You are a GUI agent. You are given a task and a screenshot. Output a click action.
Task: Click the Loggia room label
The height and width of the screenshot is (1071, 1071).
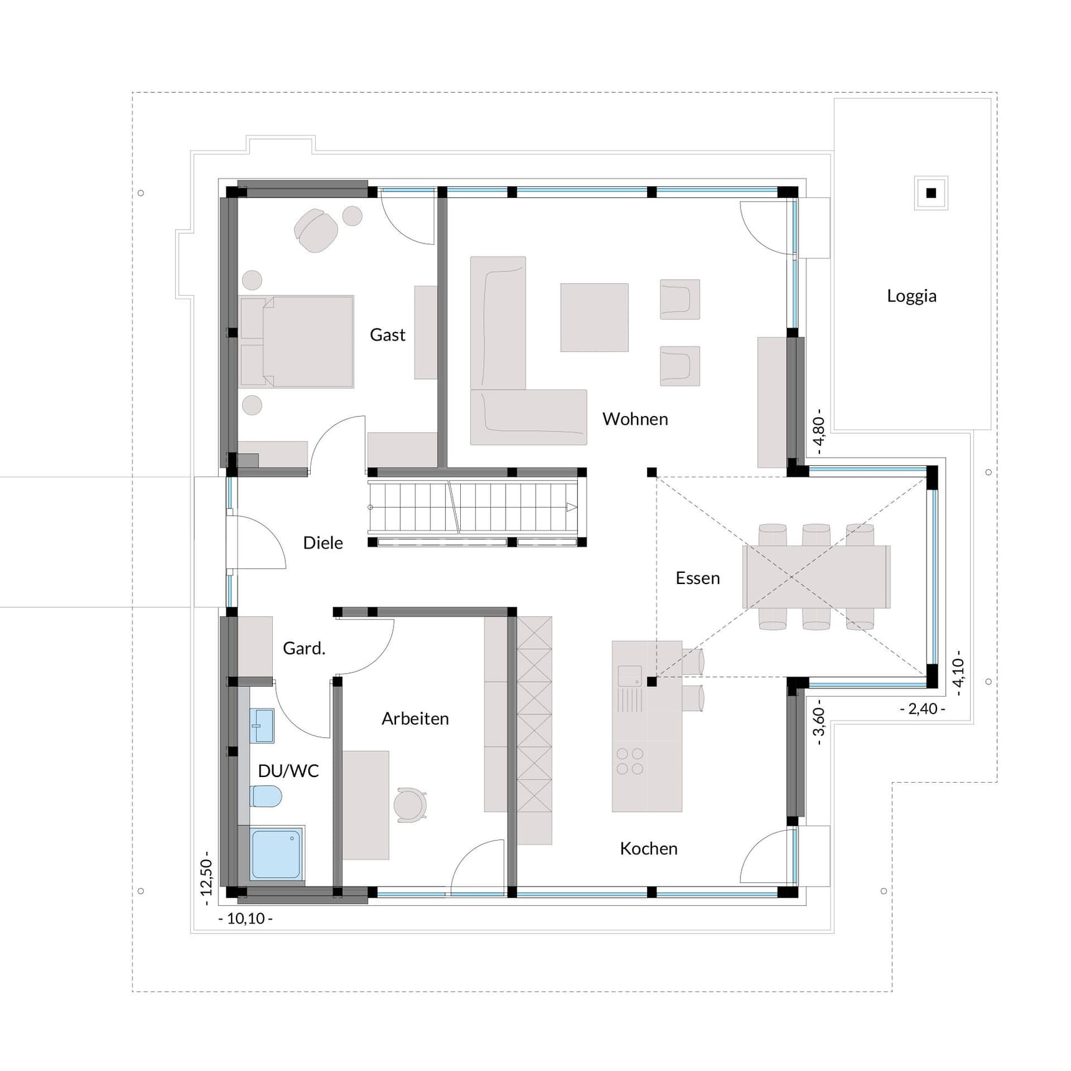click(x=912, y=296)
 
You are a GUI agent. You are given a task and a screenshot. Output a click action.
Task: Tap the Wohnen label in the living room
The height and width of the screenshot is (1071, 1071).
click(x=635, y=419)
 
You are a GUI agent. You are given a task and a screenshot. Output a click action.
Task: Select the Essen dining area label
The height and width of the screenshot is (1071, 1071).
click(x=697, y=578)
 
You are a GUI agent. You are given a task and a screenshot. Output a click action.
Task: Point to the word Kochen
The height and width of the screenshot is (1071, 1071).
click(x=648, y=849)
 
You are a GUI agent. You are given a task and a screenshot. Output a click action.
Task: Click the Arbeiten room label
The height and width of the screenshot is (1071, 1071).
click(x=415, y=719)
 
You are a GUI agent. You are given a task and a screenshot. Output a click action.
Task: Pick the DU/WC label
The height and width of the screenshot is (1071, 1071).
click(x=288, y=771)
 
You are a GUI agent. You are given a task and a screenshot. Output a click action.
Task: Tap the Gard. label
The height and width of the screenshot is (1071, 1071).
click(x=304, y=649)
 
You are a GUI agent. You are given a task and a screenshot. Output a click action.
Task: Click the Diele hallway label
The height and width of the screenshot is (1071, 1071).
click(x=323, y=543)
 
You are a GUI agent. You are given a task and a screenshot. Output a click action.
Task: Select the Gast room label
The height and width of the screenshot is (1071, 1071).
click(x=387, y=335)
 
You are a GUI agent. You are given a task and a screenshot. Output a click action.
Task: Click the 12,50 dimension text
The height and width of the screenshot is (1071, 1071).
click(x=207, y=878)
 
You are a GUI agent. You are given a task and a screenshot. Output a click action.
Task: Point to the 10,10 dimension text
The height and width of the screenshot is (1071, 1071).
click(x=245, y=918)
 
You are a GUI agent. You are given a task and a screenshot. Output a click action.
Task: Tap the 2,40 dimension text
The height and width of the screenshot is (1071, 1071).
click(x=922, y=709)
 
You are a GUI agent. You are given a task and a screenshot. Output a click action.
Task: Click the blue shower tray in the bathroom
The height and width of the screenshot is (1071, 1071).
click(x=276, y=853)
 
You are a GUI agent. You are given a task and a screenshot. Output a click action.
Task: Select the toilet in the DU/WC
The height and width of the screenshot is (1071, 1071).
click(x=266, y=796)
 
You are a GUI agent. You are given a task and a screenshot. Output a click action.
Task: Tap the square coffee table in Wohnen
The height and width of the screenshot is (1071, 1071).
click(x=594, y=318)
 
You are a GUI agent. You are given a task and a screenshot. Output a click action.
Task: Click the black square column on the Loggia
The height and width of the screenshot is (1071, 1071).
click(x=931, y=193)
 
